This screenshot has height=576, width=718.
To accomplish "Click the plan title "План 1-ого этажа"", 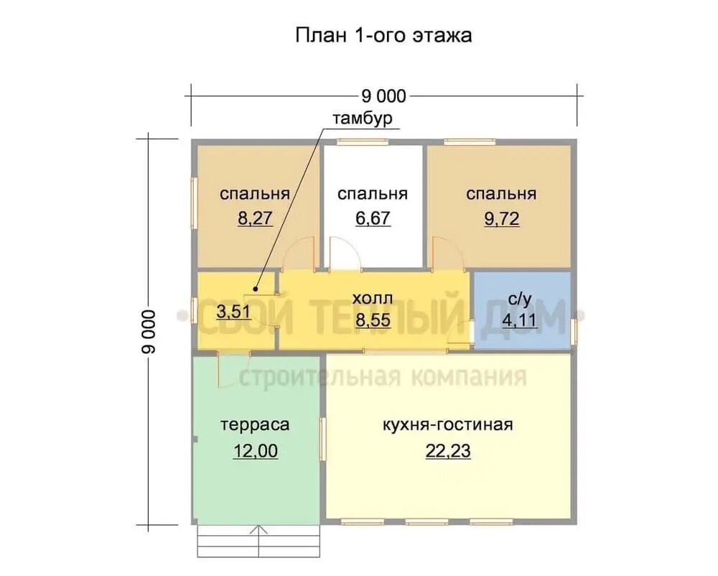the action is (x=383, y=35).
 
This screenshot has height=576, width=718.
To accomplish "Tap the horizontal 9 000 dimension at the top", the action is (x=383, y=96).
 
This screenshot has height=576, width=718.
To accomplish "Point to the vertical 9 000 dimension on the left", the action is (x=149, y=332).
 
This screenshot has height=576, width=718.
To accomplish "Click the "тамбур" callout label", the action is (x=362, y=119).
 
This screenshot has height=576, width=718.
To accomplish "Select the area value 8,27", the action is (x=255, y=218).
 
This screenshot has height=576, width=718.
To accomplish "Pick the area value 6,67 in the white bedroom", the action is (x=373, y=218).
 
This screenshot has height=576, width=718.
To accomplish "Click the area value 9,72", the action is (x=501, y=219).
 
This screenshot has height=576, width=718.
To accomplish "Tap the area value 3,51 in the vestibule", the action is (x=233, y=312).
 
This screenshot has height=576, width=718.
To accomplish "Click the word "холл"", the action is (x=372, y=299).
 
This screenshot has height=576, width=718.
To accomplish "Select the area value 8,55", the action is (x=373, y=320).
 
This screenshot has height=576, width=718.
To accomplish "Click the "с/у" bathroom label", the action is (x=520, y=299).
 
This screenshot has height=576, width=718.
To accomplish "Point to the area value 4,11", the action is (x=519, y=320).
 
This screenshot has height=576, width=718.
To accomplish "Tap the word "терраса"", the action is (x=255, y=425).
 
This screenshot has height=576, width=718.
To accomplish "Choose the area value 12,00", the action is (x=256, y=451).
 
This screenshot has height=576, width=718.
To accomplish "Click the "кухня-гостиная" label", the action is (x=448, y=425).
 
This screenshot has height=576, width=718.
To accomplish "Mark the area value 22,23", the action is (x=448, y=451).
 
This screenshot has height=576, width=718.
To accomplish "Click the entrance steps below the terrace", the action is (x=260, y=542).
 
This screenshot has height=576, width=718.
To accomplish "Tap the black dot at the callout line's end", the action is (x=256, y=289).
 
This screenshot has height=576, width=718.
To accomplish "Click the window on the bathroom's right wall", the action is (x=574, y=332).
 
